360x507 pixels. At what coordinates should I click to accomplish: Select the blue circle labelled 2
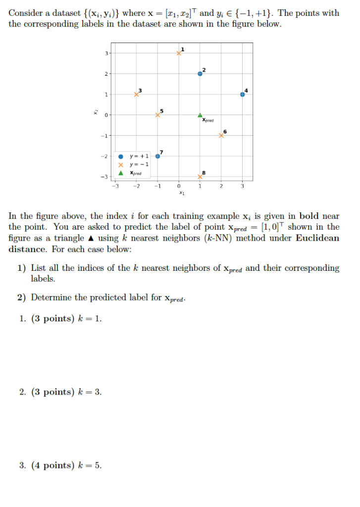point(200,73)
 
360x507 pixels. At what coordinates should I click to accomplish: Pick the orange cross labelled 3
point(136,94)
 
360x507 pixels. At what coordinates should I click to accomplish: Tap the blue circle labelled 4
point(242,94)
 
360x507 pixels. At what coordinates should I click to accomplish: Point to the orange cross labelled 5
point(157,115)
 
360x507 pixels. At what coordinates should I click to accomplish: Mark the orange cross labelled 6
point(221,136)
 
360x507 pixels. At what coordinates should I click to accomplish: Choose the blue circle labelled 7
point(157,156)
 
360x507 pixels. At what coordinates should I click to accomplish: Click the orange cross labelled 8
point(200,177)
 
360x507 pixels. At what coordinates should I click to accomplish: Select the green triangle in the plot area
point(200,115)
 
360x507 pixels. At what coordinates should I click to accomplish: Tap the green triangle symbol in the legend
point(120,173)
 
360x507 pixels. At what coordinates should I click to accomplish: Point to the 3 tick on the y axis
point(105,52)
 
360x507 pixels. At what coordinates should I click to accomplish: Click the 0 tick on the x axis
point(179,186)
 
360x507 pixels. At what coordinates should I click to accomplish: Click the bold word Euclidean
point(317,238)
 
